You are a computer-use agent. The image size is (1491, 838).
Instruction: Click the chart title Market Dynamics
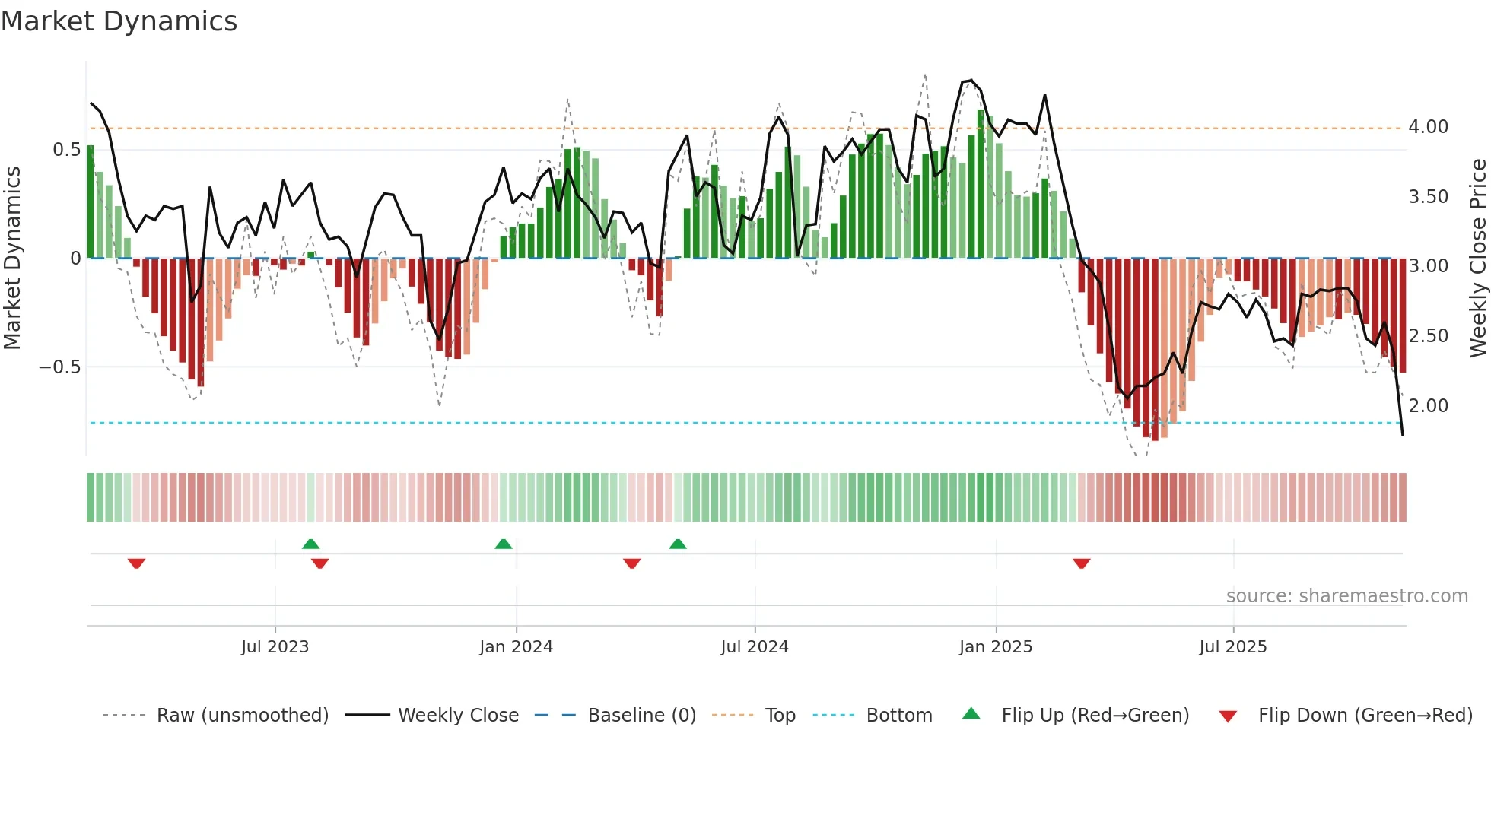tap(119, 21)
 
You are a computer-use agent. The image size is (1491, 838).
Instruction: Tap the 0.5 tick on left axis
tap(66, 150)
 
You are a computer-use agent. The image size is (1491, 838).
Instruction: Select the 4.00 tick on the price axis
tap(1428, 127)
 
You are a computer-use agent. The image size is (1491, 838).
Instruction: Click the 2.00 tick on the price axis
tap(1428, 406)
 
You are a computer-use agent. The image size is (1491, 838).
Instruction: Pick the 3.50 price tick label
tap(1428, 197)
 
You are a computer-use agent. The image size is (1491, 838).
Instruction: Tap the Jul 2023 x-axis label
tap(275, 647)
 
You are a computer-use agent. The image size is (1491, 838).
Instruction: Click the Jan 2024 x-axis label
tap(516, 647)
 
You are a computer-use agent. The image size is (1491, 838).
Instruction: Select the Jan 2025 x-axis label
tap(995, 647)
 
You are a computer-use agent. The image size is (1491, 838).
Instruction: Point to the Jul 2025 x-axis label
tap(1232, 647)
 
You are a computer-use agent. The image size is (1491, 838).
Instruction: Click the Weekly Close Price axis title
tap(1477, 258)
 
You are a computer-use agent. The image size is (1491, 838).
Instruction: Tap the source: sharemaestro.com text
tap(1346, 596)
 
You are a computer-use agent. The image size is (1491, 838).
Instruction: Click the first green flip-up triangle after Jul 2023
tap(310, 544)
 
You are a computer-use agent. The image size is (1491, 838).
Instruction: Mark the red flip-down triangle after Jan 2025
tap(1081, 563)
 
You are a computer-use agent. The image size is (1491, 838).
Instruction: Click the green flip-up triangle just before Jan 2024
tap(503, 544)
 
